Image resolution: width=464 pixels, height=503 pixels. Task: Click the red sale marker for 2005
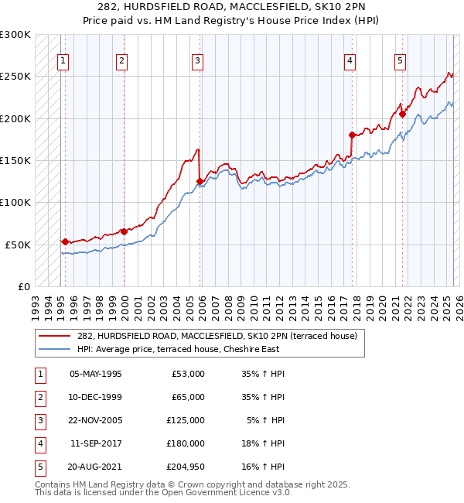pos(200,182)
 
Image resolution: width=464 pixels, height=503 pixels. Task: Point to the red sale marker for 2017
pos(352,135)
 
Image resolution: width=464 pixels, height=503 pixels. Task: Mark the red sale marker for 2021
pos(402,115)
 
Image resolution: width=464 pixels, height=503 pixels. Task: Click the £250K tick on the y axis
pos(15,77)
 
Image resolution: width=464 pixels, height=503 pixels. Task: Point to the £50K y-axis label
pos(18,245)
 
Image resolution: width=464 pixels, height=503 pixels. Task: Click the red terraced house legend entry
pos(217,337)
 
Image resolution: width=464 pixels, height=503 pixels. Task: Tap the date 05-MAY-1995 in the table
pos(96,374)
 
